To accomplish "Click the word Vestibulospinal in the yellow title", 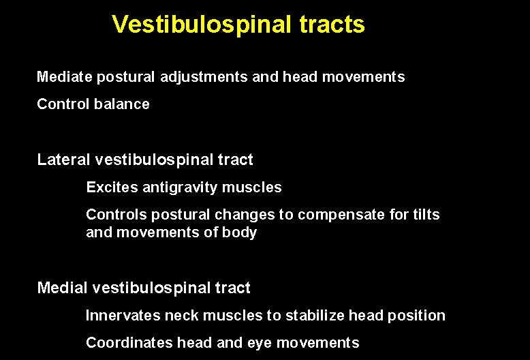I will tap(202, 25).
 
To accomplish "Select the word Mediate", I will tap(64, 77).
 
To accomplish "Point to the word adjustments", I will tap(204, 77).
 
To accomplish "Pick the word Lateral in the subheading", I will tap(64, 160).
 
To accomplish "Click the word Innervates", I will tap(122, 316).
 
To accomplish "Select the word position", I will tap(416, 316).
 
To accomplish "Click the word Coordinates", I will tap(128, 343).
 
